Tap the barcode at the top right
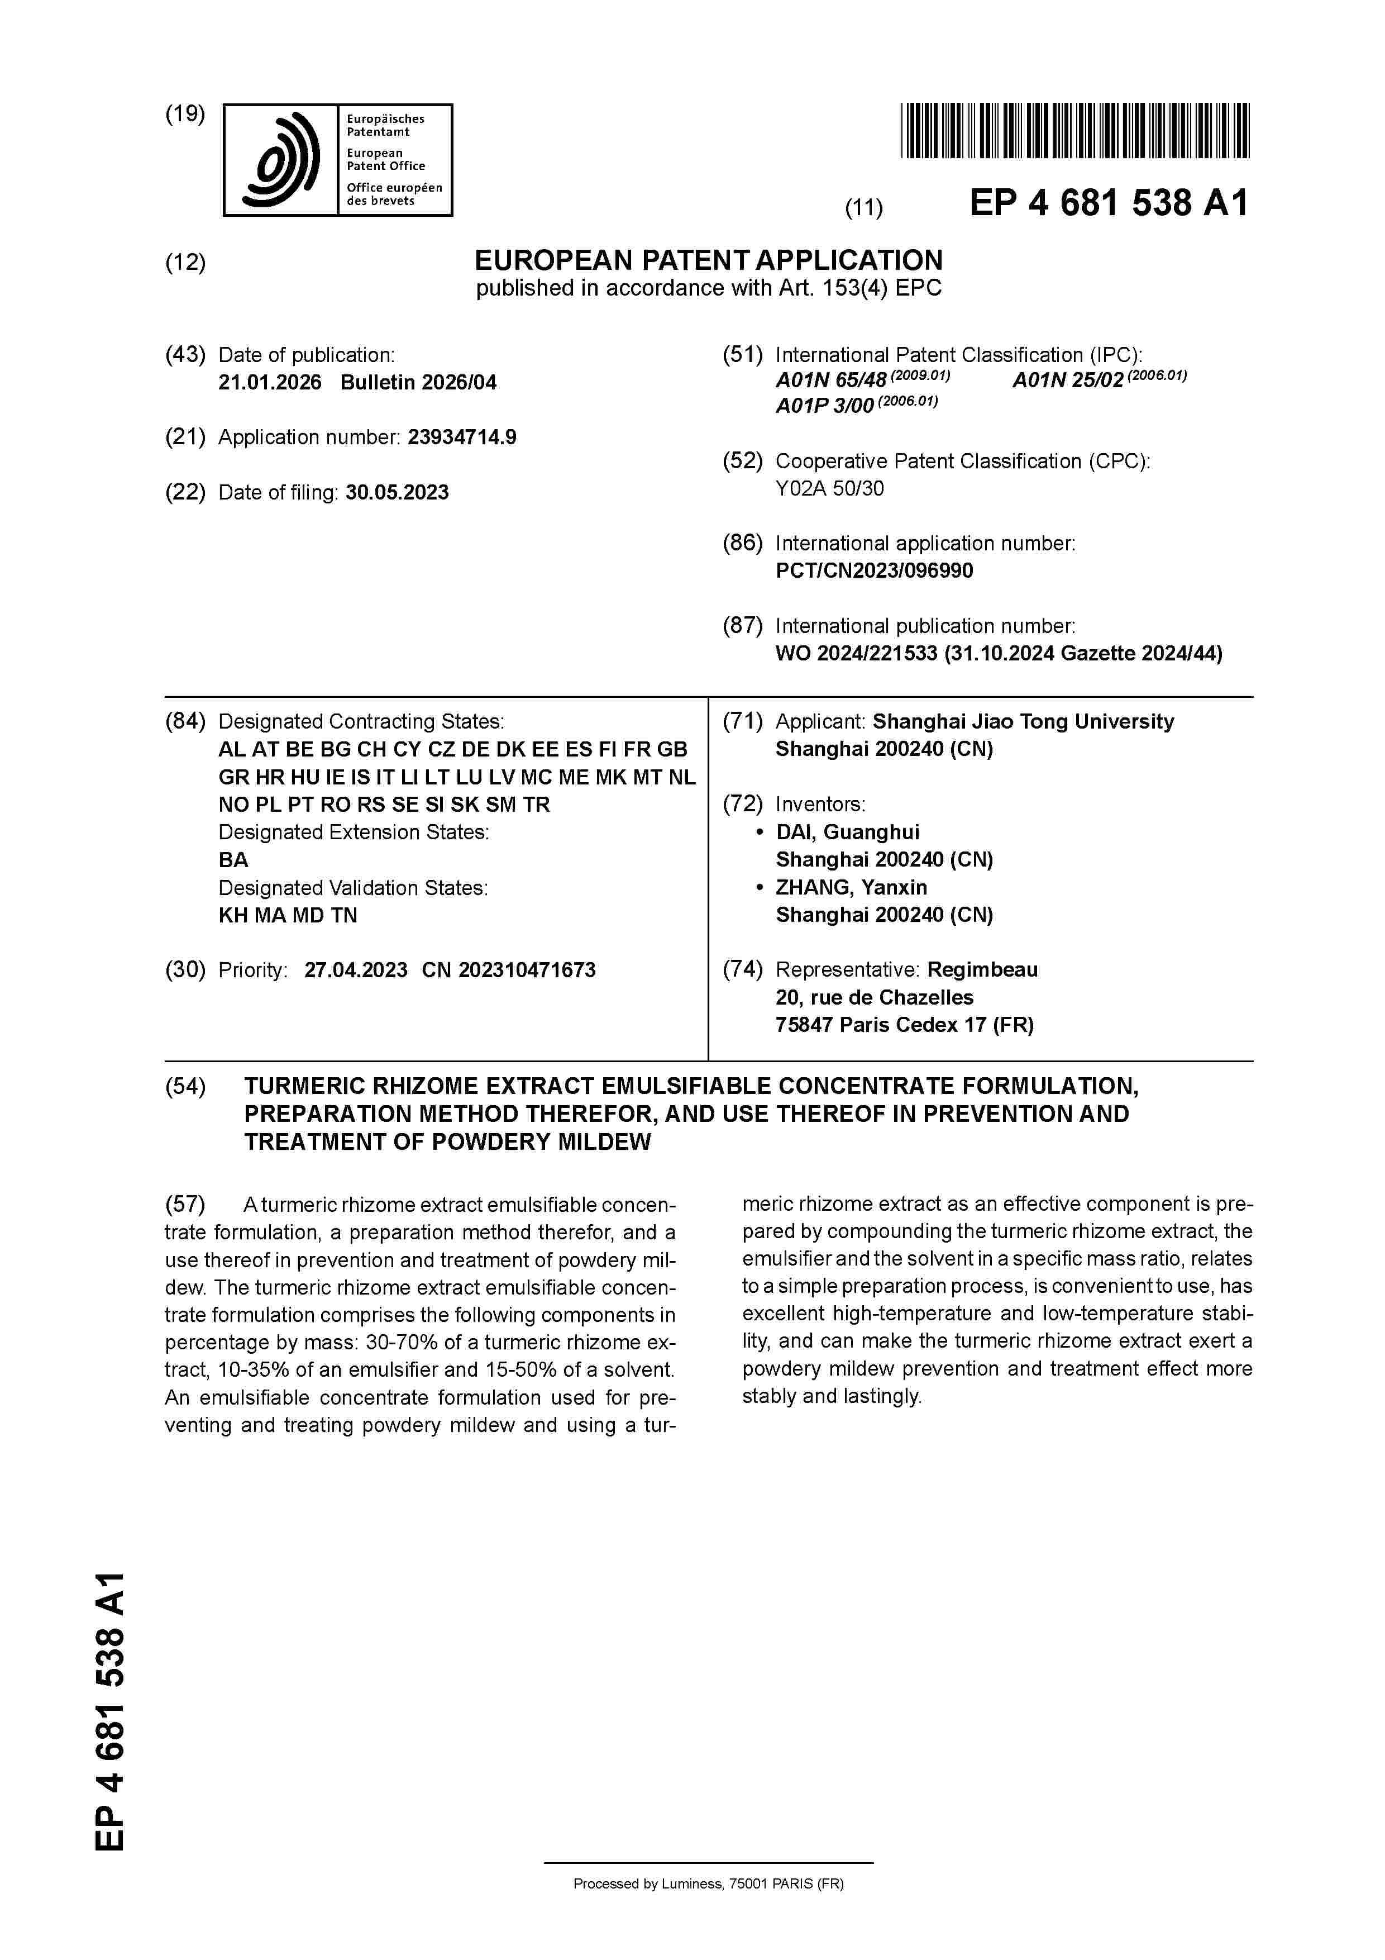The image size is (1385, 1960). click(1074, 131)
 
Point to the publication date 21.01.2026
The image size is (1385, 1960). click(270, 382)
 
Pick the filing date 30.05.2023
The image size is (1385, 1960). click(397, 493)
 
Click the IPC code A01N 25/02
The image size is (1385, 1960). click(1068, 380)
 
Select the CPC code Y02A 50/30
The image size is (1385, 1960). click(829, 489)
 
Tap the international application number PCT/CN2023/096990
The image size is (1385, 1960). click(874, 571)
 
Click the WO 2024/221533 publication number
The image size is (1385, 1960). click(856, 654)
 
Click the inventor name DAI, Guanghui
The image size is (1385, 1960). click(847, 832)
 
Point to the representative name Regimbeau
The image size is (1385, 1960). click(982, 970)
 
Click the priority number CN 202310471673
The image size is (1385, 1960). click(509, 971)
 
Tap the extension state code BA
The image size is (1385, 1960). click(233, 860)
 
